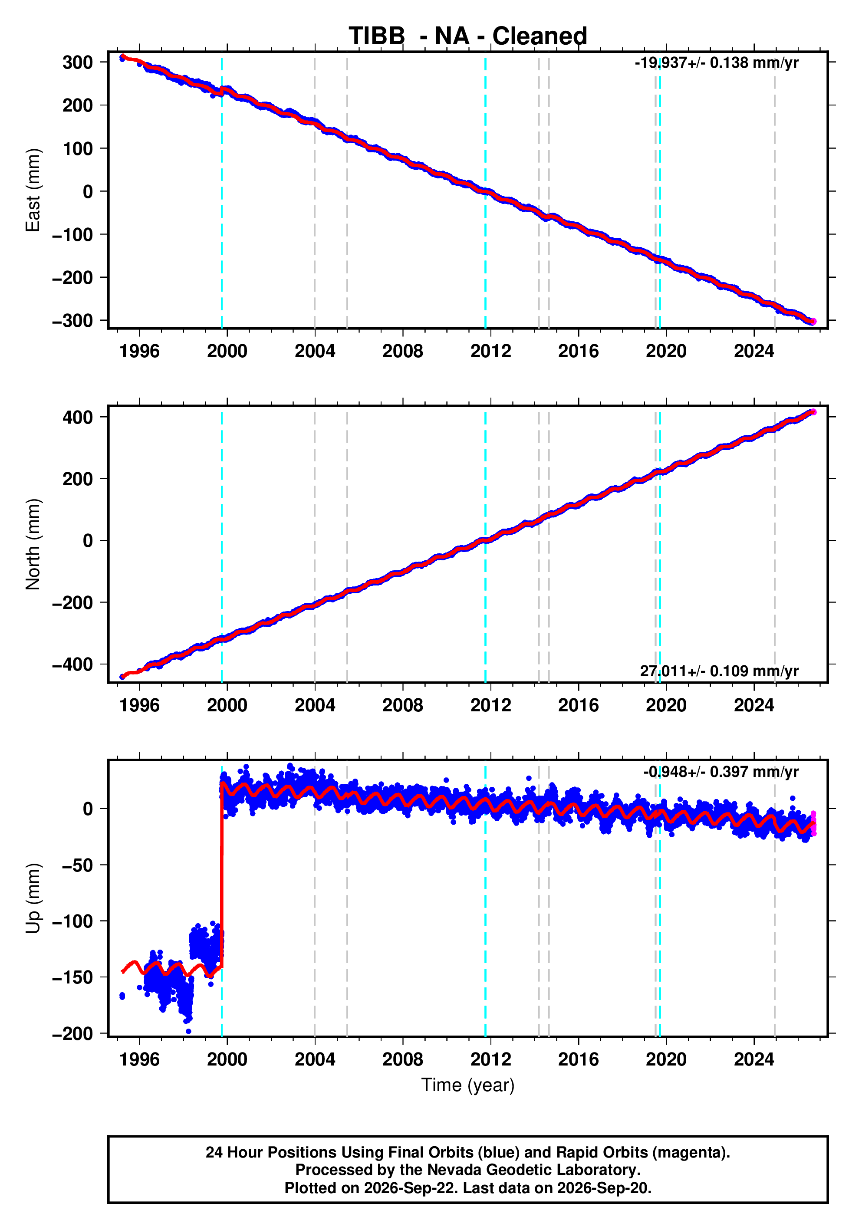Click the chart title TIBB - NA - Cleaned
click(x=468, y=36)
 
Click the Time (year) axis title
click(x=468, y=1085)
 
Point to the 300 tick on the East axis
click(x=78, y=62)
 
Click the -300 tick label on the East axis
click(x=72, y=320)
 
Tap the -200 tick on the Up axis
click(x=72, y=1033)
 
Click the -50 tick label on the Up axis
click(x=78, y=865)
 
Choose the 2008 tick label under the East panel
click(x=402, y=352)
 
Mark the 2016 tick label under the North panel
click(x=578, y=706)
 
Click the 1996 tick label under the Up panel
click(x=139, y=1059)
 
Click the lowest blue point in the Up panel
click(x=188, y=1031)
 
